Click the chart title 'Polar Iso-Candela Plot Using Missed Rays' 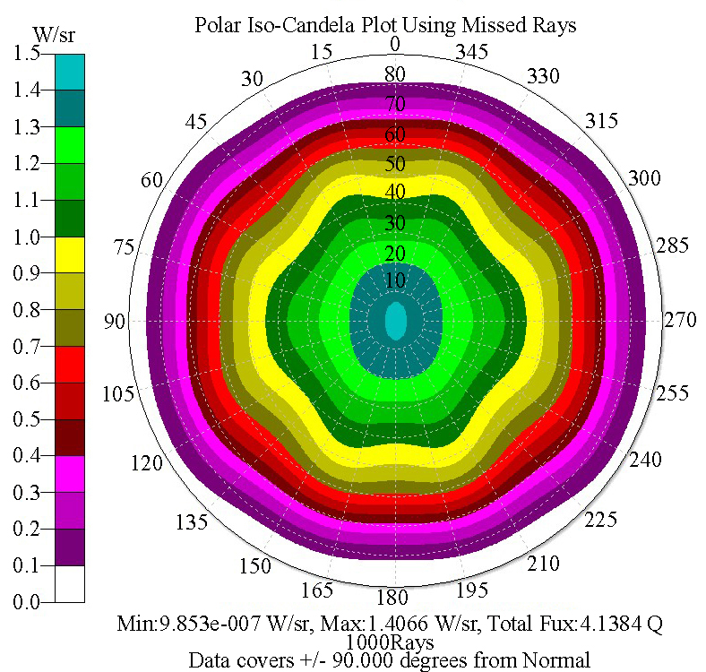click(x=385, y=25)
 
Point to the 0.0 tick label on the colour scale click(x=26, y=603)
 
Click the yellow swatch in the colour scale click(x=70, y=254)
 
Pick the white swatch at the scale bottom click(x=70, y=583)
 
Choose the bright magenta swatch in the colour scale click(x=70, y=474)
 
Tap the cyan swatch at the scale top click(x=70, y=72)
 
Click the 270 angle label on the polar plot click(x=679, y=321)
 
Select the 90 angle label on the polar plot click(x=114, y=321)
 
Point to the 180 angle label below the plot click(x=394, y=598)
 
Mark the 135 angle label click(x=193, y=522)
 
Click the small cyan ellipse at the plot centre click(x=395, y=321)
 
